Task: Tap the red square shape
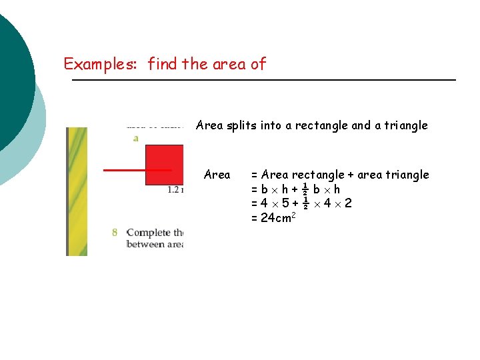165,164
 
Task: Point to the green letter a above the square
136,138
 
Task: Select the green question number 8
115,232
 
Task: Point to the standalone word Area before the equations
217,175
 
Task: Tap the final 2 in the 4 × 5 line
348,203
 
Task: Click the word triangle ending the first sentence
406,125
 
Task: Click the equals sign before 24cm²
254,217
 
